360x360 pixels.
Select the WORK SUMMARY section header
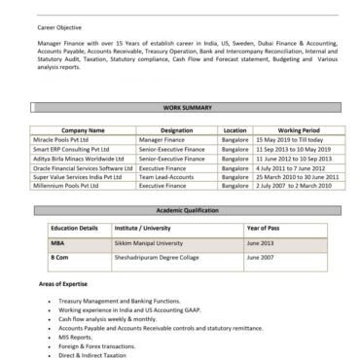pyautogui.click(x=179, y=106)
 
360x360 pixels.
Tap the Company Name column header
pyautogui.click(x=83, y=129)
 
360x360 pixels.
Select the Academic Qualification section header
pyautogui.click(x=179, y=210)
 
